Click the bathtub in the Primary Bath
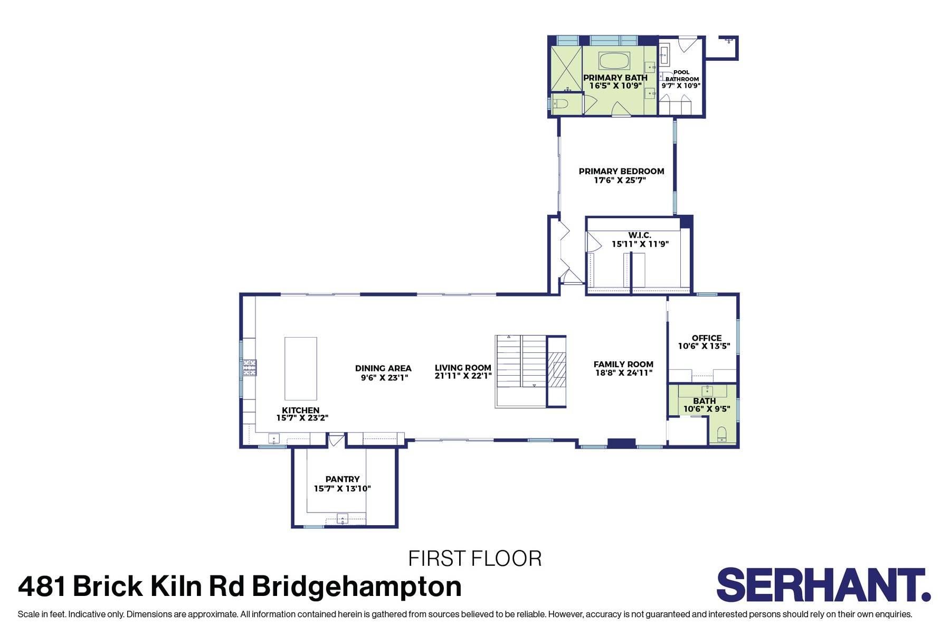point(614,61)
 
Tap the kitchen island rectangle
point(301,368)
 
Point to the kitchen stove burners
point(249,367)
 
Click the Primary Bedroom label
point(621,171)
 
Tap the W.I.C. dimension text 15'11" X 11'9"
point(640,244)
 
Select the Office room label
point(706,338)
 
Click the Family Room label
point(623,364)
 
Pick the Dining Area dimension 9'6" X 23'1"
point(383,377)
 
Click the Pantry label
point(343,479)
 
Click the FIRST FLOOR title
point(475,558)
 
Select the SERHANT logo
point(823,585)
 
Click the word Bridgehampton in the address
point(357,586)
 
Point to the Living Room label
point(463,368)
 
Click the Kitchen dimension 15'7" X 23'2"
point(302,418)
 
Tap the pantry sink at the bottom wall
point(343,519)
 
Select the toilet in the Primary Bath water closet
point(560,104)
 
